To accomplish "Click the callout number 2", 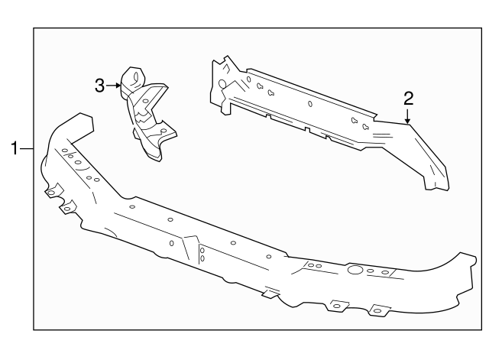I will point(408,97).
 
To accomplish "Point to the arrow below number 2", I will point(408,116).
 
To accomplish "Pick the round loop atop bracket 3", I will point(134,76).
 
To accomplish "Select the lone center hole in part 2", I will point(309,104).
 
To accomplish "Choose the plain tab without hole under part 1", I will point(269,293).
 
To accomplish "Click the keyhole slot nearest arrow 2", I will point(366,125).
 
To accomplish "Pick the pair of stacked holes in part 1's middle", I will point(202,254).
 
